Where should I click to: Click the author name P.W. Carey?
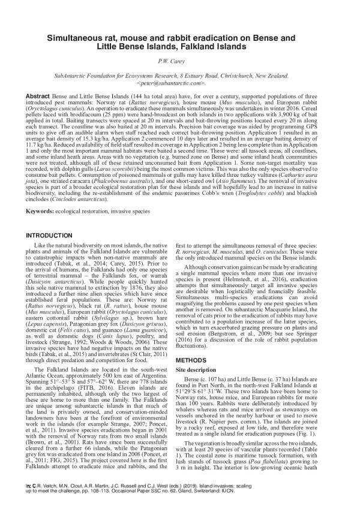(179, 61)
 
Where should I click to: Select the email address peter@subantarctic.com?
(180, 83)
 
